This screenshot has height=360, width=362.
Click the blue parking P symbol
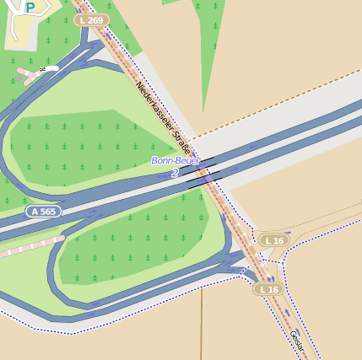(30, 8)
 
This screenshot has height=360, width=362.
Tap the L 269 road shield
(91, 19)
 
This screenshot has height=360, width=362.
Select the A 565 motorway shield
(43, 211)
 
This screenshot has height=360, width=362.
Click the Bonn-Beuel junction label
(176, 160)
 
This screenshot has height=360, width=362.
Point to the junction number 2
(175, 172)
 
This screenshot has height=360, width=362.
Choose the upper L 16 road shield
(274, 240)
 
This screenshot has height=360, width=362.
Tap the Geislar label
(296, 342)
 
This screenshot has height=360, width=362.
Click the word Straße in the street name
(179, 135)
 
